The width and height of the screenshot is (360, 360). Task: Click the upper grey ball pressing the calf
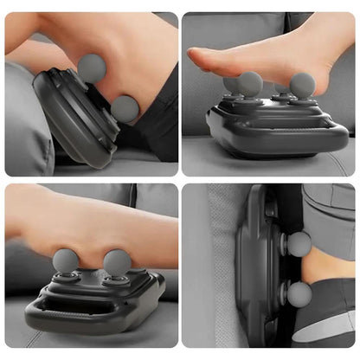point(92,67)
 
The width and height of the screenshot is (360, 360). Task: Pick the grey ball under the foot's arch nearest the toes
point(250,83)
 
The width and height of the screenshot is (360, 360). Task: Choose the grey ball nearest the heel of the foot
point(302,84)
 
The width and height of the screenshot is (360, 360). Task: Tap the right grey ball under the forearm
point(117,261)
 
